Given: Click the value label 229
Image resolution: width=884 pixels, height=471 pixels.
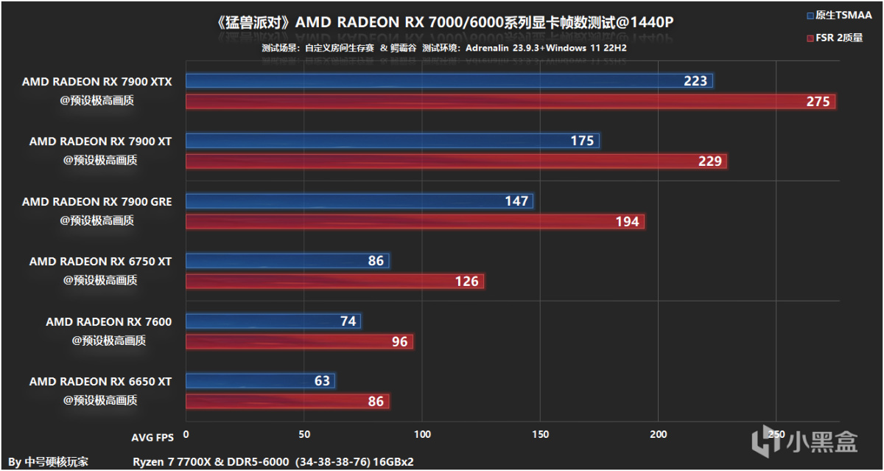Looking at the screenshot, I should pos(709,161).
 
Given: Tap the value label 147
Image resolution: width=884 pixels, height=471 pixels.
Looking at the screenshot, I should pos(516,200).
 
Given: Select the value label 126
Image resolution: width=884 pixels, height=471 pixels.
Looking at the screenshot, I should pos(467,281).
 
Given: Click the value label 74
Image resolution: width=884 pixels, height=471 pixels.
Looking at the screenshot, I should pos(348,321).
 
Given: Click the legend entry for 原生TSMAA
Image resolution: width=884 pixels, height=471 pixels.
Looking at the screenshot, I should pos(838,15).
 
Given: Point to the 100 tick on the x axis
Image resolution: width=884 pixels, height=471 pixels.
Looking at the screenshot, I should pos(423,435).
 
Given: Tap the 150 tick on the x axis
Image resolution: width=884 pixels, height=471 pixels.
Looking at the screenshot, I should pos(541,435).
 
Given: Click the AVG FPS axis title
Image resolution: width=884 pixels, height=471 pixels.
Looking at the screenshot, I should pos(153,437).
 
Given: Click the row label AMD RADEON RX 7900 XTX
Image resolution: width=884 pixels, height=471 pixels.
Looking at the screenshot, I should pos(97,82).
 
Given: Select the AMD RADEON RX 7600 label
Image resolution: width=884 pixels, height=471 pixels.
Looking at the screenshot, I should pos(108,321).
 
